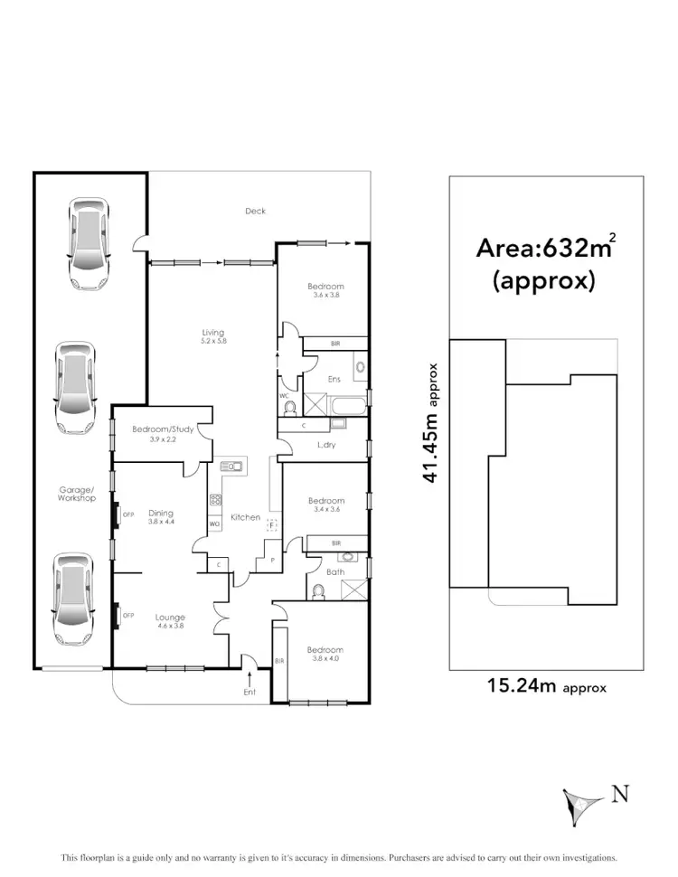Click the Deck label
[256, 212]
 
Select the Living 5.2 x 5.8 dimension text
[212, 342]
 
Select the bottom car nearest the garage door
[71, 598]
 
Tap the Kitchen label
[245, 518]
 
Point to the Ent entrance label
[250, 693]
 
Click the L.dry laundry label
[326, 447]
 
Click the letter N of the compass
[619, 795]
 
